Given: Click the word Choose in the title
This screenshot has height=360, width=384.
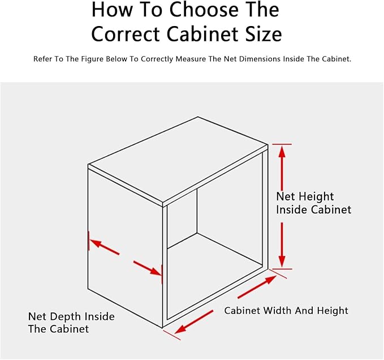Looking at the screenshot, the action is coord(204,10).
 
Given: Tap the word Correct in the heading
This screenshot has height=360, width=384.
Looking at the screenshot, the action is coord(126,34).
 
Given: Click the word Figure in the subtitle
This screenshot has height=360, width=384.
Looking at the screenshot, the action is coord(92,59).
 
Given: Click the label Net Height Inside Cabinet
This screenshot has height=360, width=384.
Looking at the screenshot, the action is coord(313,203).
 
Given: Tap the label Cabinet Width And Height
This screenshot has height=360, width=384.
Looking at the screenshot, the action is coord(286,311).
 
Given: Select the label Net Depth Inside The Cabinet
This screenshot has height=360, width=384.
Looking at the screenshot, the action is coord(71,323).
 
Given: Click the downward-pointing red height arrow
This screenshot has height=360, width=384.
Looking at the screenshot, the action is coord(282,245).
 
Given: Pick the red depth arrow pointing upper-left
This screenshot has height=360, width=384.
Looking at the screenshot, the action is coord(105,247).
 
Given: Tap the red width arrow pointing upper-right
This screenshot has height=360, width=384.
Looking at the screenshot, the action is coord(257,287).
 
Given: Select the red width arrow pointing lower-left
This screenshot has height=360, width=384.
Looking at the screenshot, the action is coord(194,322).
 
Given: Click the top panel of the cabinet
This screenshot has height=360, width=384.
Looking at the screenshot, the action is coord(178,159).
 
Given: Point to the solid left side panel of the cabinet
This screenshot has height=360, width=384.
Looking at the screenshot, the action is coord(125,248).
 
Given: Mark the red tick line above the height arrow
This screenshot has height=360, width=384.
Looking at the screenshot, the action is coord(282,144).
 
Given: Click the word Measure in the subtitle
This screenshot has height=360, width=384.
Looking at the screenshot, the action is coord(191,59).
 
